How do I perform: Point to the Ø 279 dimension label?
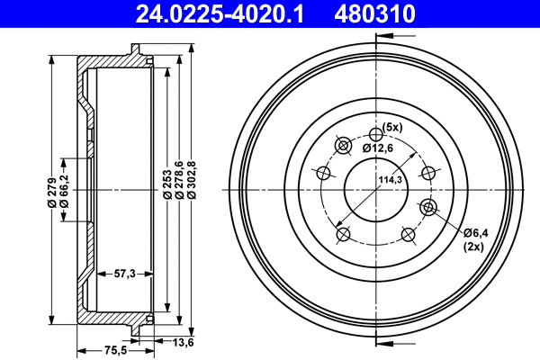point(52,192)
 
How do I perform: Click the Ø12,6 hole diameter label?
point(379,147)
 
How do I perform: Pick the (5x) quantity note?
point(392,126)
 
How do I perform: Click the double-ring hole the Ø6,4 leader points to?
point(428,208)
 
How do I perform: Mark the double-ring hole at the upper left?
point(343,146)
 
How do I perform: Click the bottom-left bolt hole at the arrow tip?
point(343,235)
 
